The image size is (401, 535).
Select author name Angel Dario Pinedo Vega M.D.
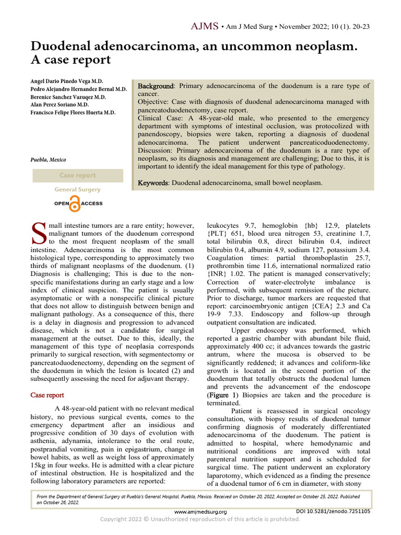coord(67,82)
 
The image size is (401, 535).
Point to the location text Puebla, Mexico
coord(49,160)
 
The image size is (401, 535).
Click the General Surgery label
coord(78,190)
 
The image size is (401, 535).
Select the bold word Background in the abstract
coord(156,86)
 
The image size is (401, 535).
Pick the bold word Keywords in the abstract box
coord(154,183)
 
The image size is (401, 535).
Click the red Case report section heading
coord(48,395)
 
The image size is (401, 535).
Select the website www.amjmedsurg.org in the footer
coord(200,512)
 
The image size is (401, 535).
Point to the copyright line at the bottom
coord(200,519)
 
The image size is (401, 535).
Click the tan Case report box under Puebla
coord(78,176)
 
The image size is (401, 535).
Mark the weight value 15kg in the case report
coord(40,464)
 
